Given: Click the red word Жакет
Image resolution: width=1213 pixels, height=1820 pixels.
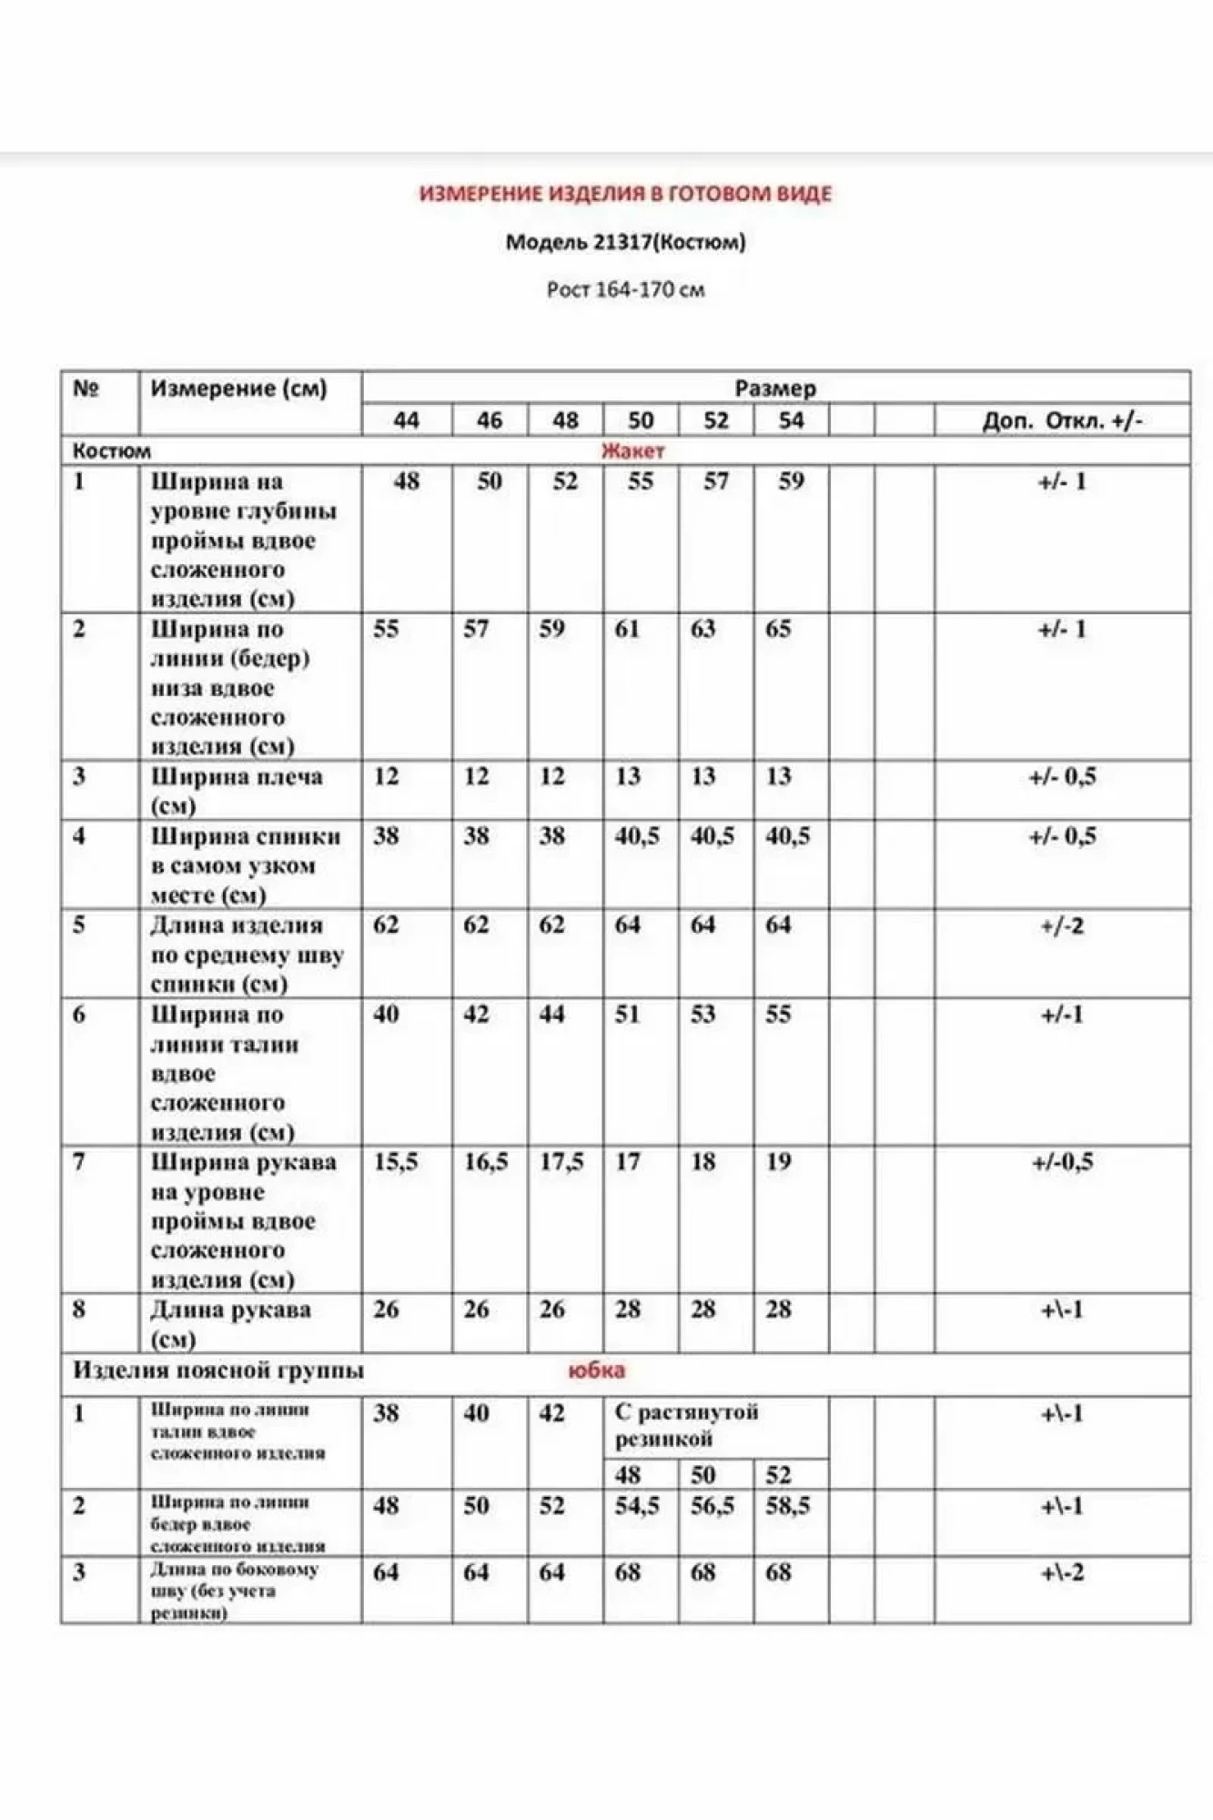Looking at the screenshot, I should click(632, 450).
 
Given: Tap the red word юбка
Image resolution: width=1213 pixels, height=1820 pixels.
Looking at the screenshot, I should click(596, 1370).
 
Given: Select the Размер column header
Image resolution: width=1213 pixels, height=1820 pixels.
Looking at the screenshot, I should click(775, 389).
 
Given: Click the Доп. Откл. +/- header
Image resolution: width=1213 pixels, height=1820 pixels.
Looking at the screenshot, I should click(1062, 420).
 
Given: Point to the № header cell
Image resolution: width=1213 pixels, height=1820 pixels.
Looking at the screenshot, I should click(86, 389).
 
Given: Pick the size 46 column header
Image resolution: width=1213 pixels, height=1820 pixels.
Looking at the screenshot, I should click(490, 420).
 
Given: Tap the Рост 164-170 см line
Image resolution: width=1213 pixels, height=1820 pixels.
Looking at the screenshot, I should click(625, 290).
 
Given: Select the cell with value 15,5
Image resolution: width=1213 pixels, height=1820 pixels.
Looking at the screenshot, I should click(396, 1162).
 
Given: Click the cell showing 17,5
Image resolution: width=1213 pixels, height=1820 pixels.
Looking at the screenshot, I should click(561, 1162).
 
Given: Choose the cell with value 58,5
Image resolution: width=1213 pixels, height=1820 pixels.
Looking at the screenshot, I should click(787, 1506).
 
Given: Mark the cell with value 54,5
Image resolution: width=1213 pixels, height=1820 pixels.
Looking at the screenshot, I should click(637, 1506).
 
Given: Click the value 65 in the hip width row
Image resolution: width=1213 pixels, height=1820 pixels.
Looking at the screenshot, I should click(778, 629).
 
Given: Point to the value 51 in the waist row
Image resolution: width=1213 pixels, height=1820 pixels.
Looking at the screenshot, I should click(628, 1014).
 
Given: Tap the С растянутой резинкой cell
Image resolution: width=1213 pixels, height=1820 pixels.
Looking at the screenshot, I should click(686, 1426).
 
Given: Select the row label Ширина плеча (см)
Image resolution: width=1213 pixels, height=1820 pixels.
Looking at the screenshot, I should click(237, 790).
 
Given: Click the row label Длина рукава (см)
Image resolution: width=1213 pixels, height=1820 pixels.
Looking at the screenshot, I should click(230, 1323).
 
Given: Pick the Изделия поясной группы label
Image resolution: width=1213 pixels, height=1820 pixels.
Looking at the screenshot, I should click(218, 1370).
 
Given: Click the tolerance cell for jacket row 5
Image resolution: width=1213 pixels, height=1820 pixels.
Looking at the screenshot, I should click(1062, 926).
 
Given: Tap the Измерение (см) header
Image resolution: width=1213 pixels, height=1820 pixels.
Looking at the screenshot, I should click(238, 389).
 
